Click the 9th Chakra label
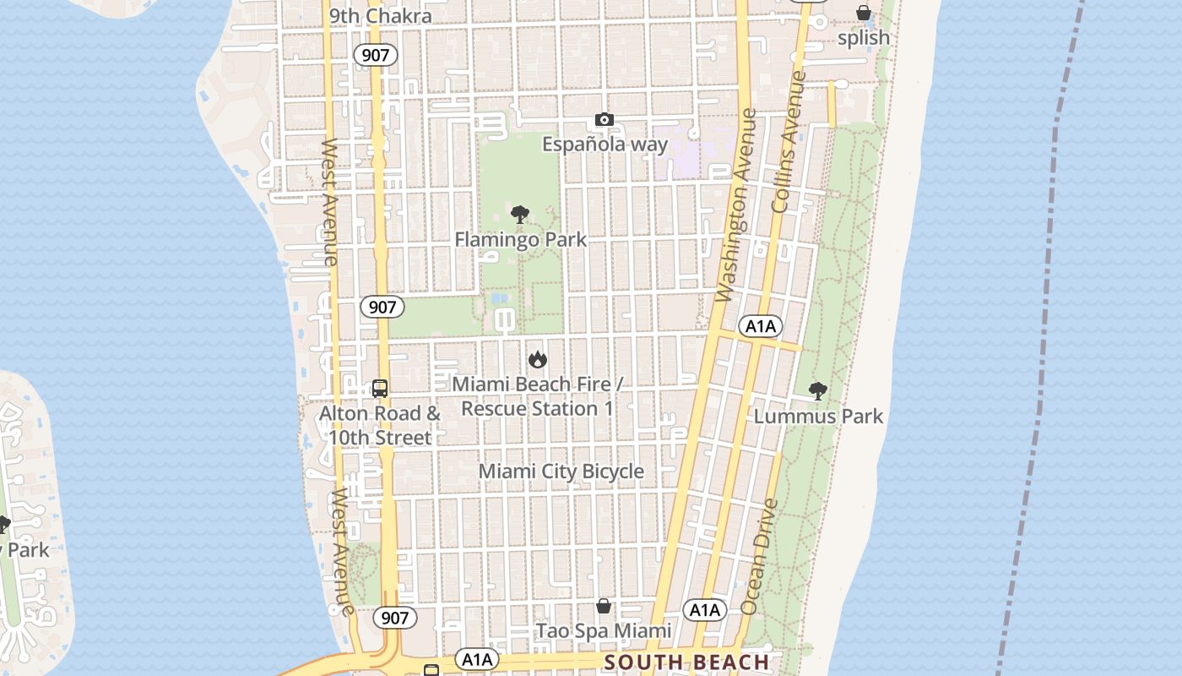(380, 16)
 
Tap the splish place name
(864, 38)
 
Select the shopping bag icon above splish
(864, 13)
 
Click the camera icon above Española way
(604, 120)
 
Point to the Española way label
(605, 144)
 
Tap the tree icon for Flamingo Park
(520, 214)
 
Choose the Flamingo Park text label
(520, 240)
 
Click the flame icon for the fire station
(538, 360)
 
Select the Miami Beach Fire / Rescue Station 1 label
(537, 396)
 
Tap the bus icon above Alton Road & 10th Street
(380, 389)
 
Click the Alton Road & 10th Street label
(380, 426)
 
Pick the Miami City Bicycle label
(561, 472)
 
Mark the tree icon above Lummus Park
(817, 390)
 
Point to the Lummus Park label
(818, 416)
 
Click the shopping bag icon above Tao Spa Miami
(604, 606)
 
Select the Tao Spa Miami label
(604, 631)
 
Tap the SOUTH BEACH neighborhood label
(687, 662)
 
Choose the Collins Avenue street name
(789, 142)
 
